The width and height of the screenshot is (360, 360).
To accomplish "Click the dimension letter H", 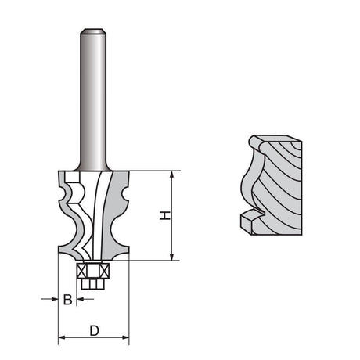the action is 165,215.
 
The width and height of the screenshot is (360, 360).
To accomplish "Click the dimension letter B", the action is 68,300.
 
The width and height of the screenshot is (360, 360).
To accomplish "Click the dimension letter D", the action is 94,331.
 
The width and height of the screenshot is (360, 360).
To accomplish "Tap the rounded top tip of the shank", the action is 93,29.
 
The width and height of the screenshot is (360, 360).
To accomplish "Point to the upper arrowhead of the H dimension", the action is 171,175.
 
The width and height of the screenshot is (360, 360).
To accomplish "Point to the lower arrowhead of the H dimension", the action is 171,257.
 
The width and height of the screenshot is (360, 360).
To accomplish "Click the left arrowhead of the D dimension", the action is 62,337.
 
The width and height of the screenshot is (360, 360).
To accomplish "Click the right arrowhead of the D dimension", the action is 125,337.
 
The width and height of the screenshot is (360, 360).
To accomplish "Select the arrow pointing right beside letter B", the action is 49,299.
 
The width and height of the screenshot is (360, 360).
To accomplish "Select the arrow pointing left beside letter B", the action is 85,299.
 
